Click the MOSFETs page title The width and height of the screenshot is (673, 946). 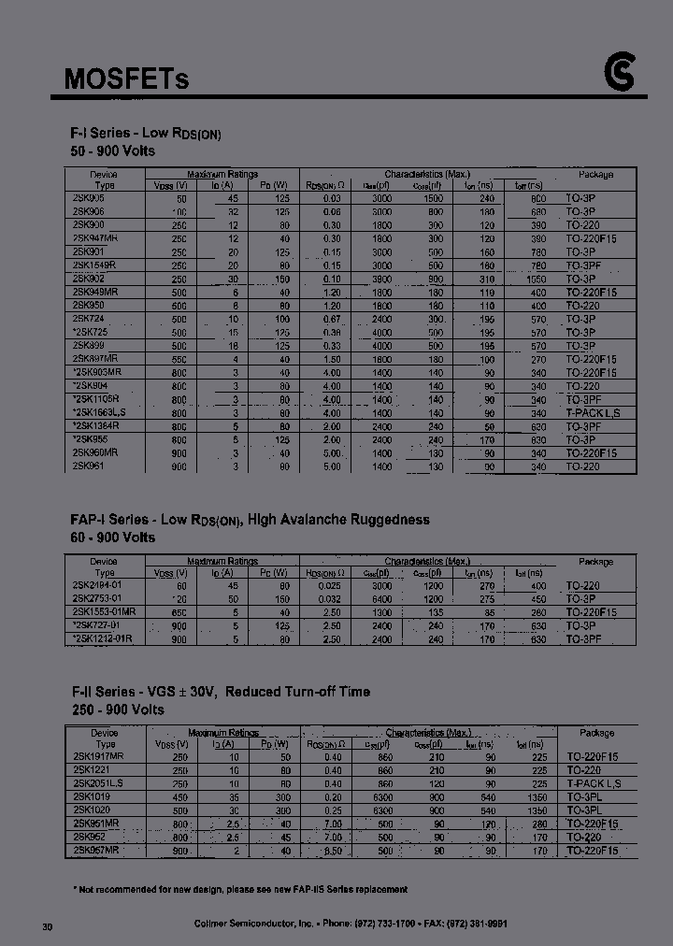pos(126,79)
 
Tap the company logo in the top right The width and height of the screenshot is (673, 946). pos(619,76)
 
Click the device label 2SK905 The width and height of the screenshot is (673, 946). pos(89,198)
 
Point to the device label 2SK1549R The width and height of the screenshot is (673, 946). pos(94,265)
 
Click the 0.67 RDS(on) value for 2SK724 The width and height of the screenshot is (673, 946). pos(332,320)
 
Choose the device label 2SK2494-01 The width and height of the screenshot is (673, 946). pos(97,584)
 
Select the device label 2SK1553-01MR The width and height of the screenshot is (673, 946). pos(103,611)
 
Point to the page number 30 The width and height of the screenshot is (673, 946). pos(48,925)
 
